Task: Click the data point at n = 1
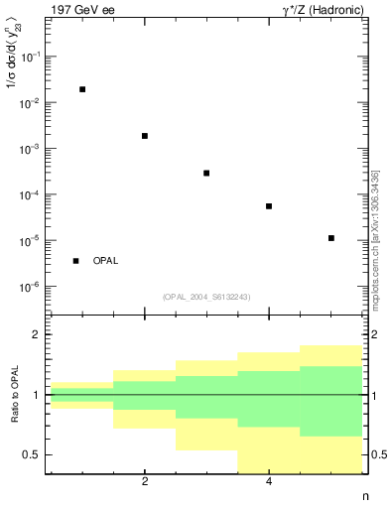click(x=82, y=89)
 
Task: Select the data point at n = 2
click(x=145, y=136)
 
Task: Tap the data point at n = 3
click(x=206, y=173)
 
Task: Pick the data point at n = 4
click(x=269, y=206)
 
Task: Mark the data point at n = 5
click(x=330, y=238)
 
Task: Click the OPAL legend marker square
click(x=75, y=261)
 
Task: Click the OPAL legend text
click(x=105, y=261)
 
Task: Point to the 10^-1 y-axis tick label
click(x=32, y=58)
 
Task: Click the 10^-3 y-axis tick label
click(x=32, y=149)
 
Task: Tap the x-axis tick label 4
click(x=269, y=482)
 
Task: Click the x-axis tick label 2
click(x=145, y=482)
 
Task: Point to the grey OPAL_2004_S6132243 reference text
click(x=206, y=296)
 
